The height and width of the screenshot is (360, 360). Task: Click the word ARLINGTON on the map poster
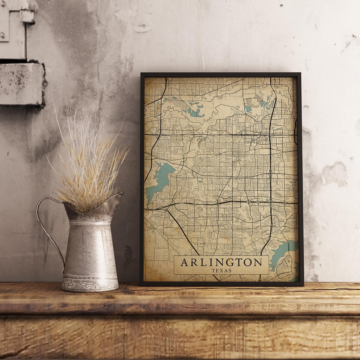click(221, 262)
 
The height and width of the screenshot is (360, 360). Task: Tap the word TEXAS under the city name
click(221, 271)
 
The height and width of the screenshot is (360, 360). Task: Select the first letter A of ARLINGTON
click(184, 262)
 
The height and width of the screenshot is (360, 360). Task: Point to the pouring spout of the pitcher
click(118, 197)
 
